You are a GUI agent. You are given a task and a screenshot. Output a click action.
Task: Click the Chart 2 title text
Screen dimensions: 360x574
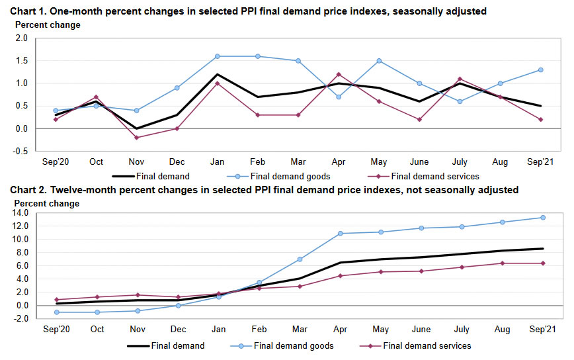[x=265, y=191]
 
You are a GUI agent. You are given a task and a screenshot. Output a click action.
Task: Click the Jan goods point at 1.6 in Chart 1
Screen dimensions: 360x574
[x=217, y=56]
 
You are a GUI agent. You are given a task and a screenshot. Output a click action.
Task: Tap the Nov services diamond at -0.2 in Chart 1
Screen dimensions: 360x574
[x=136, y=138]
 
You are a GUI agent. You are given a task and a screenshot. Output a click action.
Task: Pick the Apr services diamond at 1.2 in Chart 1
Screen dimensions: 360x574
[x=339, y=74]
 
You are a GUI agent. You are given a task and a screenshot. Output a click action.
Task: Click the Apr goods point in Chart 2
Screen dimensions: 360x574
[x=340, y=233]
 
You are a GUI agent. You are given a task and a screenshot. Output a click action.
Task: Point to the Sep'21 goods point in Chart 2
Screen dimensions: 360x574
[x=543, y=217]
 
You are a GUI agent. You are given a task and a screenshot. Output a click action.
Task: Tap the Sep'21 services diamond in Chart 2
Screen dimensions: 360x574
[x=543, y=263]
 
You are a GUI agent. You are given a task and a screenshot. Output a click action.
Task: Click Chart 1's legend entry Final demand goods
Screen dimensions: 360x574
[x=289, y=177]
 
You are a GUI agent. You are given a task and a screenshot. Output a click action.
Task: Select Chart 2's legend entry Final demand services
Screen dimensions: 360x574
[x=426, y=345]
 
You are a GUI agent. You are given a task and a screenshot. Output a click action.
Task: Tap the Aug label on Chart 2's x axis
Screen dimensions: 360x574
[x=502, y=328]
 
